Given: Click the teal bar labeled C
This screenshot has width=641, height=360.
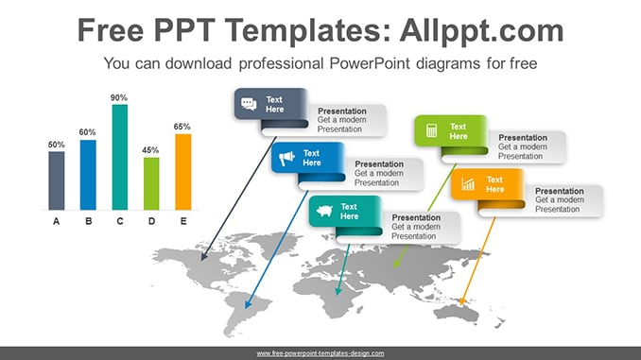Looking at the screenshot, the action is [120, 157].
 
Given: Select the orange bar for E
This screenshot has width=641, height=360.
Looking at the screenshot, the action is [183, 172].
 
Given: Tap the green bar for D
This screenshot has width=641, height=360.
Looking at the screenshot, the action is [151, 184].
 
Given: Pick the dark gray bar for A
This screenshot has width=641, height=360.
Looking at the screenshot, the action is [57, 180].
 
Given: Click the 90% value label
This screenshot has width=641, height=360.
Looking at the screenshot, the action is [119, 97].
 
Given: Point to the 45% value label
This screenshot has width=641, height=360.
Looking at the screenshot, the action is [150, 150].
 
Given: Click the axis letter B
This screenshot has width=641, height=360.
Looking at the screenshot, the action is [88, 221].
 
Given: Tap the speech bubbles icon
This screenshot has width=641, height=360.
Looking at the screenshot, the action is [249, 104].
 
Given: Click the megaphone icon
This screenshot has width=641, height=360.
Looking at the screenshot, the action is [286, 158].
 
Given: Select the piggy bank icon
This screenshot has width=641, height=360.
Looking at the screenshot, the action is [324, 211].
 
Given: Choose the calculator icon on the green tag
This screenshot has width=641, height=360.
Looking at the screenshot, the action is [431, 130].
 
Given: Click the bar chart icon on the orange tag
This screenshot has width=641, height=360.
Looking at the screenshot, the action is [468, 184].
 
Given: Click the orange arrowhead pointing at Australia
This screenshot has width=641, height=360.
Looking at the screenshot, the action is [462, 301].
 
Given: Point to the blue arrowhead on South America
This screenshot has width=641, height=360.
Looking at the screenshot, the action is [248, 304].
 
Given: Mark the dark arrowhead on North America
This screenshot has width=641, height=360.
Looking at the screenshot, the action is [204, 257].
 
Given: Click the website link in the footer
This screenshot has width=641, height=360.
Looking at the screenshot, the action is [320, 353].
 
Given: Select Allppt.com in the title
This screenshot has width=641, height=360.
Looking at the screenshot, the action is [481, 31].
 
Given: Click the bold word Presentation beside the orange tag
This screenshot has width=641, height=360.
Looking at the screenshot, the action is [560, 191].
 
